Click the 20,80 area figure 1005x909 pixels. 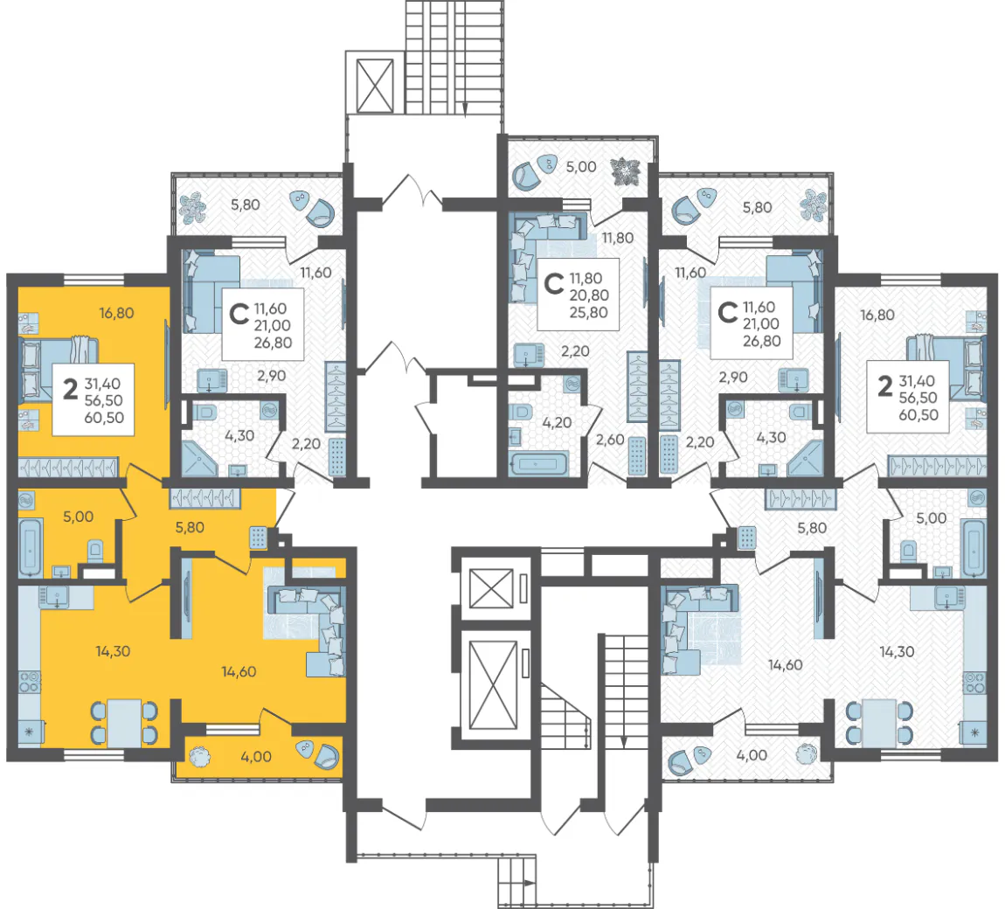(x=589, y=295)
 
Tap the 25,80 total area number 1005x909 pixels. (x=589, y=313)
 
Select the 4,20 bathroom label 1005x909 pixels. (x=557, y=423)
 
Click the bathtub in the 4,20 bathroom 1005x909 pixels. (x=538, y=463)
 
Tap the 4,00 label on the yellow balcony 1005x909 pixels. (x=256, y=757)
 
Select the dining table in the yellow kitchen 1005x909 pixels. (x=124, y=722)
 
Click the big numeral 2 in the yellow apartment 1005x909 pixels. (x=70, y=388)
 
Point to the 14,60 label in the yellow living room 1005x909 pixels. (x=239, y=672)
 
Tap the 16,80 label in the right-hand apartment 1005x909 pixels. (x=877, y=316)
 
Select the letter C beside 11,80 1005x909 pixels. (x=553, y=283)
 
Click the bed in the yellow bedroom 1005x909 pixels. (x=59, y=370)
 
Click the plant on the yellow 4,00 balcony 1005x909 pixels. (x=200, y=757)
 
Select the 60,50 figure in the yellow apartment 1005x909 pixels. (x=104, y=418)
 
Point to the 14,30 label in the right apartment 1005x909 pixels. (x=897, y=653)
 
